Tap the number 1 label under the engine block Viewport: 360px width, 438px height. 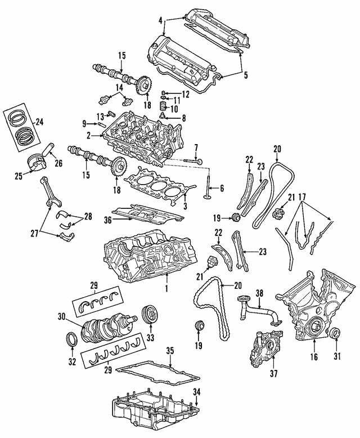(166, 289)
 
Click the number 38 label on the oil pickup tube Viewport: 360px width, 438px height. (259, 293)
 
